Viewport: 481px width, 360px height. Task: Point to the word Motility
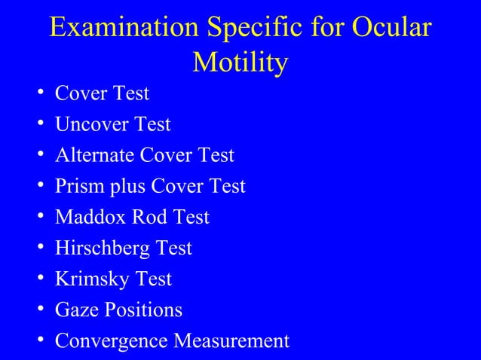tap(240, 63)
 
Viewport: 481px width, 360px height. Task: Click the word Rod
tap(146, 217)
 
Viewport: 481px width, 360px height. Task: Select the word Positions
tap(142, 310)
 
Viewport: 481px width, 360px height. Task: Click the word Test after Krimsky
tap(154, 279)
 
